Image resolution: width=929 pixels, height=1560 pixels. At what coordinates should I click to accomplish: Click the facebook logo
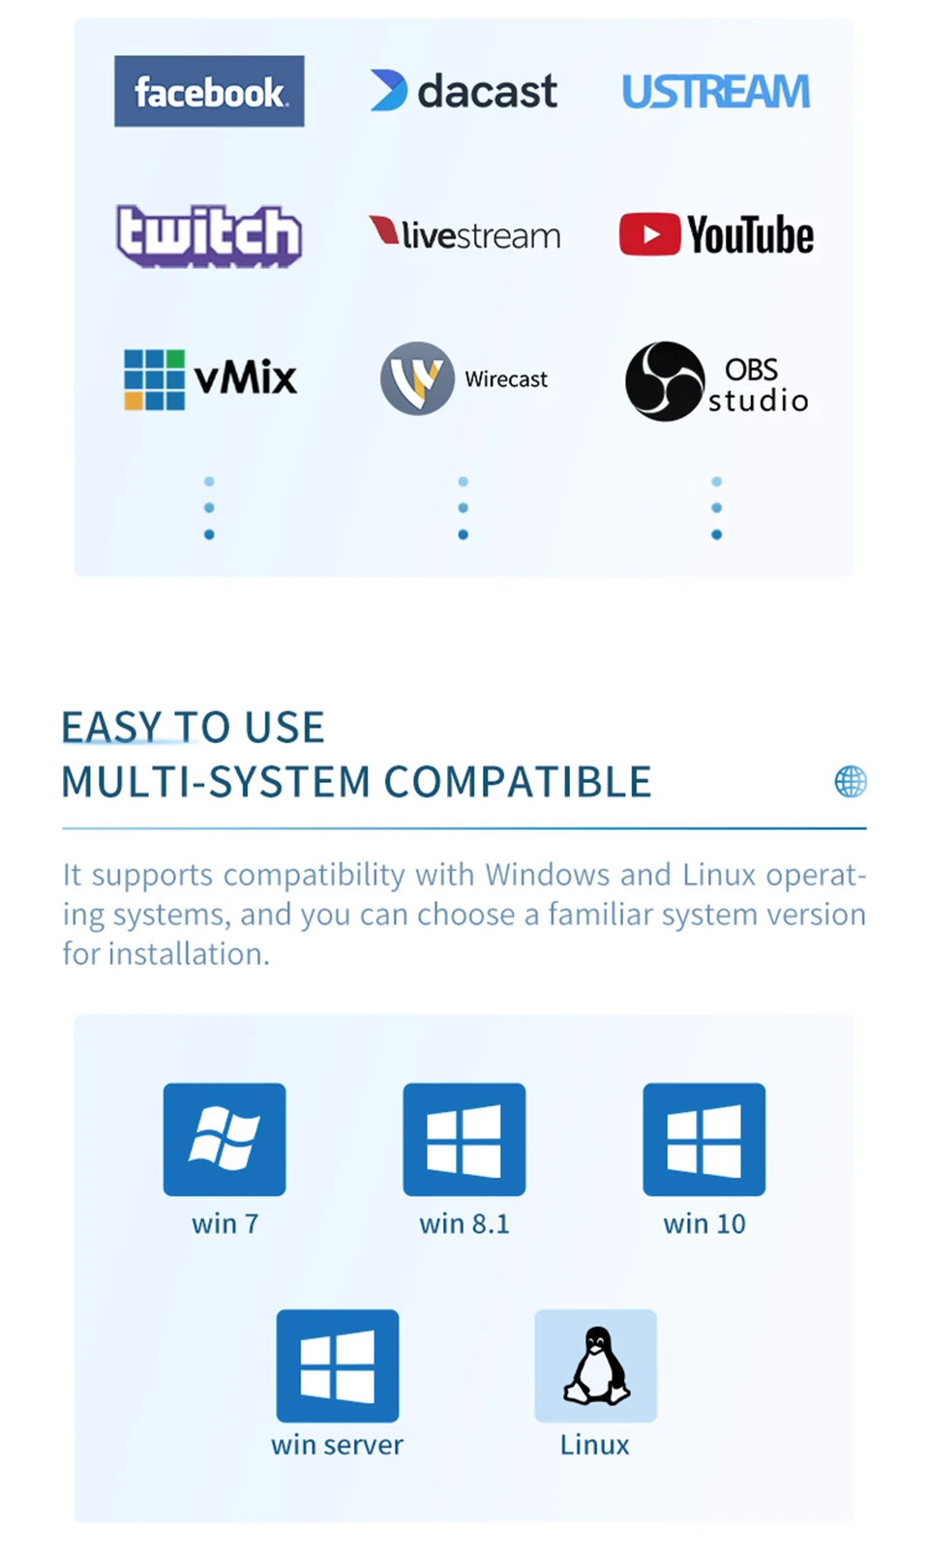[x=209, y=91]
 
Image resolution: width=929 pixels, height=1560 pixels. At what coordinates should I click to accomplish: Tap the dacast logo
[x=464, y=91]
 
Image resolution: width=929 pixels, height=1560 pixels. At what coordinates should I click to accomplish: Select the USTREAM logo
[x=715, y=92]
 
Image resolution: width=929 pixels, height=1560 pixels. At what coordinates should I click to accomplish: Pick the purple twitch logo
[x=209, y=235]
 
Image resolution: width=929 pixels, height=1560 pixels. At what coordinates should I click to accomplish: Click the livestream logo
[x=464, y=234]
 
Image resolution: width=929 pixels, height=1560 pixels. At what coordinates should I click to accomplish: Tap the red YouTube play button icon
[x=649, y=234]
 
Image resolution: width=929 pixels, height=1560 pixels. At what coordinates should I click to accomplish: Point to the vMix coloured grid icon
[x=154, y=379]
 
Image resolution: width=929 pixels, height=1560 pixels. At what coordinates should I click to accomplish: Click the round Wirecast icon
[x=417, y=378]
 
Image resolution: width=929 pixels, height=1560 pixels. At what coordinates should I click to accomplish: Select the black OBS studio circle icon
[x=664, y=380]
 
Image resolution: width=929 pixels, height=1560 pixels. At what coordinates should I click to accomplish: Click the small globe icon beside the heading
[x=851, y=781]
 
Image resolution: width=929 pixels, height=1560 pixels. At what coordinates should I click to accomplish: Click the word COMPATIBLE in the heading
[x=518, y=782]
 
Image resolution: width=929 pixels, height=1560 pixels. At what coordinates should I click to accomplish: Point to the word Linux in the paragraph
[x=719, y=875]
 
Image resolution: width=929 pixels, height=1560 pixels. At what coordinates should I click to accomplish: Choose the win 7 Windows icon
[x=225, y=1139]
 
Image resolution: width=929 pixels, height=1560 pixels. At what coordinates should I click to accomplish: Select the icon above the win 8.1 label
[x=464, y=1139]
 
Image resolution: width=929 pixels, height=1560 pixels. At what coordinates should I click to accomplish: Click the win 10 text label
[x=704, y=1224]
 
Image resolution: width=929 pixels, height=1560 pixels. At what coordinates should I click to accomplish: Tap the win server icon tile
[x=338, y=1365]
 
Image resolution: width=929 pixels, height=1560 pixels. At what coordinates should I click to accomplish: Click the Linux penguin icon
[x=596, y=1365]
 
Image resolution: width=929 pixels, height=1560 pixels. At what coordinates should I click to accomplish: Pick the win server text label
[x=337, y=1445]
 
